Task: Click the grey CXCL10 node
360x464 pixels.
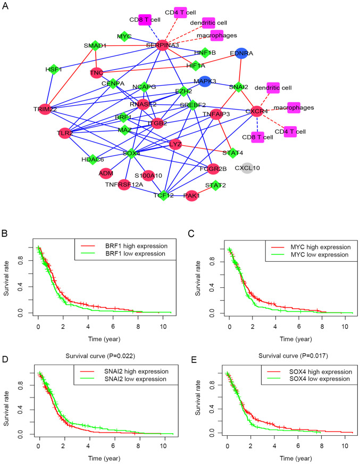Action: pyautogui.click(x=247, y=168)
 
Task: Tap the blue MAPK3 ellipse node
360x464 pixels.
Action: pyautogui.click(x=205, y=81)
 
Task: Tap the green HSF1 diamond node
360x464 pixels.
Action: pyautogui.click(x=53, y=69)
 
